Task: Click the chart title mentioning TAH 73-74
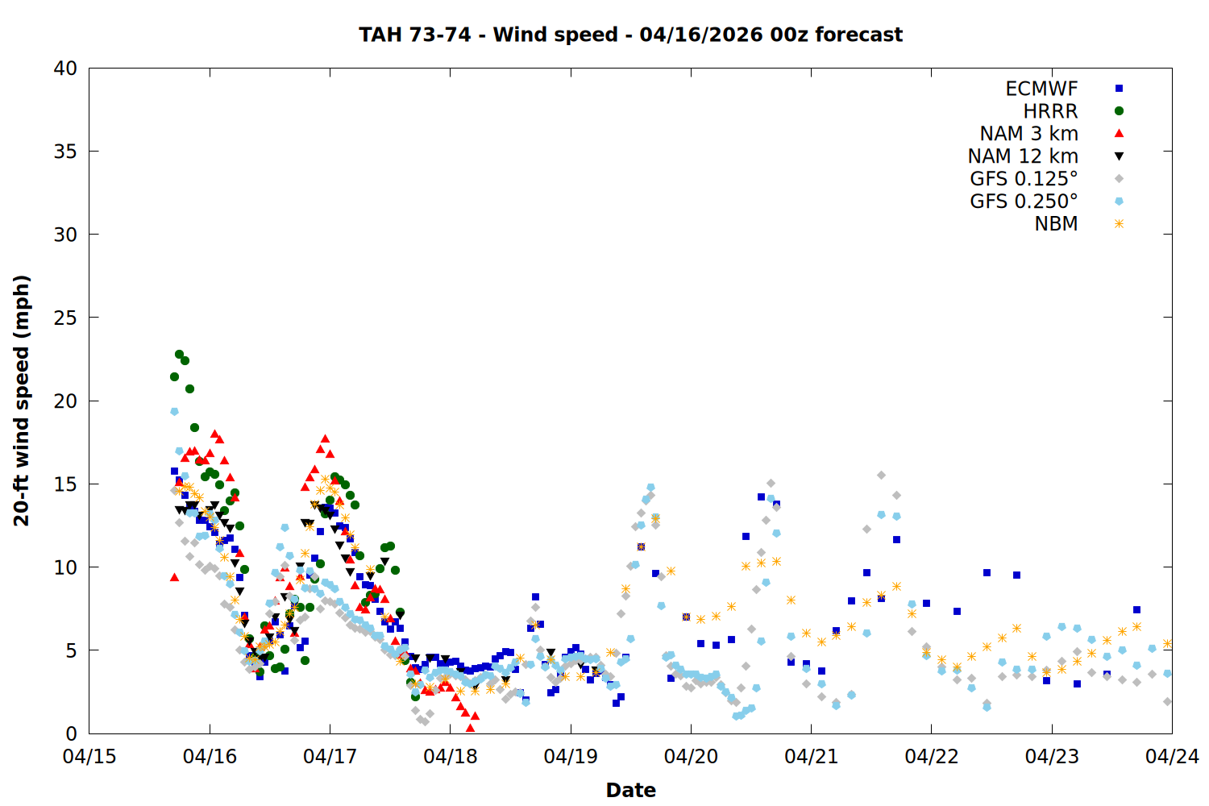(x=630, y=35)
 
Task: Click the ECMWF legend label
(x=1041, y=89)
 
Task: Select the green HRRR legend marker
(x=1119, y=111)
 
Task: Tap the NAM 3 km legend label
(x=1028, y=134)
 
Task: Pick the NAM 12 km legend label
(x=1023, y=156)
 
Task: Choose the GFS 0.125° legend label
(x=1024, y=179)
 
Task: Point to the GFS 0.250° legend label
(x=1024, y=201)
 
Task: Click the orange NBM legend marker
(x=1119, y=224)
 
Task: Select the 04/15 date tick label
(x=89, y=757)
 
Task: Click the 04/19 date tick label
(x=571, y=757)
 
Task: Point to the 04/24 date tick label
(x=1172, y=757)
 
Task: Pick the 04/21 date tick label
(x=811, y=757)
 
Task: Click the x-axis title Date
(x=630, y=790)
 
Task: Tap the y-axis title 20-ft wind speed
(x=22, y=401)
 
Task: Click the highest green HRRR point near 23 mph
(x=180, y=354)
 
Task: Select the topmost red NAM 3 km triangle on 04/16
(x=214, y=434)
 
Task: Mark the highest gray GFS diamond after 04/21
(x=881, y=476)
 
